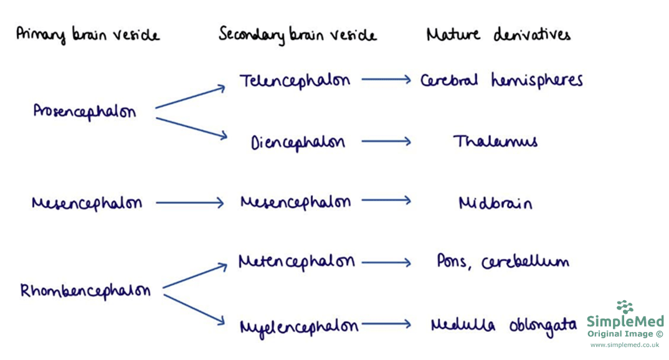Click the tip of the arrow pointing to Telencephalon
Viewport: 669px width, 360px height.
(225, 87)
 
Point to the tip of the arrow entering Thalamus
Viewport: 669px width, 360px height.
(411, 141)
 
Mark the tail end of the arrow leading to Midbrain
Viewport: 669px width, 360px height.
(362, 201)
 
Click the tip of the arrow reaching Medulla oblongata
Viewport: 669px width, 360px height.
(411, 324)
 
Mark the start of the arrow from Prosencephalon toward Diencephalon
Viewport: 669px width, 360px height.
(156, 118)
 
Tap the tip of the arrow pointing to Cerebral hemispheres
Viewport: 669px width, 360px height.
(411, 79)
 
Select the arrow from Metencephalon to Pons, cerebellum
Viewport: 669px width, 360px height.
(386, 263)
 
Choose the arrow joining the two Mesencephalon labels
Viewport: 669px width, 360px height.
(190, 202)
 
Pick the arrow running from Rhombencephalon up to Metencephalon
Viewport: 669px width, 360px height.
(195, 275)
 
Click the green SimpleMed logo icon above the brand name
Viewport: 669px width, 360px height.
(625, 306)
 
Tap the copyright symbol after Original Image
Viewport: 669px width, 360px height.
(659, 334)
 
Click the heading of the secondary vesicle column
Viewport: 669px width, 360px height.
(297, 35)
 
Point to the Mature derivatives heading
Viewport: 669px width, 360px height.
(498, 34)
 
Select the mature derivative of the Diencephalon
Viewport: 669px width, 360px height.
(495, 141)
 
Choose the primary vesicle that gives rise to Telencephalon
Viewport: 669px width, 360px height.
(85, 111)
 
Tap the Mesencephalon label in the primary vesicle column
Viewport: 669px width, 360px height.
(87, 203)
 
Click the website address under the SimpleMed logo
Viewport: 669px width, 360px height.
(625, 344)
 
